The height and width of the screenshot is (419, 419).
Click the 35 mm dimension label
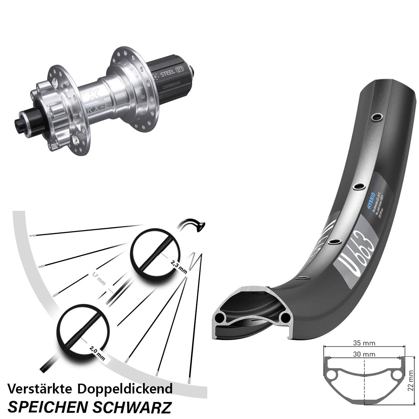pos(364,343)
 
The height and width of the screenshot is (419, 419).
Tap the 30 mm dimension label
pos(364,354)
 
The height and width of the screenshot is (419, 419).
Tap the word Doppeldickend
pos(125,389)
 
